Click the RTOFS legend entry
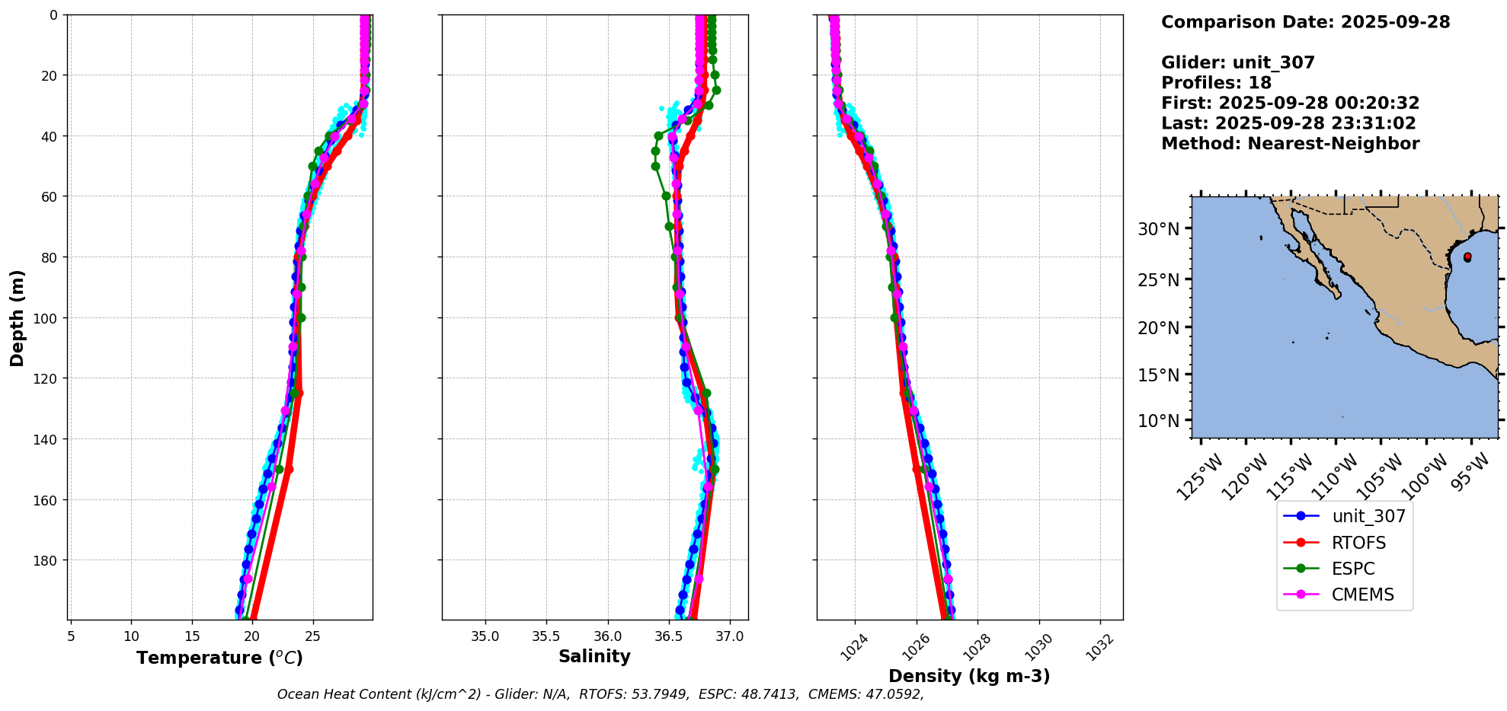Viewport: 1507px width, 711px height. [1358, 543]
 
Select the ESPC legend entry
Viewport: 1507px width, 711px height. [1353, 569]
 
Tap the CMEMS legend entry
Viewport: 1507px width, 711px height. [1362, 595]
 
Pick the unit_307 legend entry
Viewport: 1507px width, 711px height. [1368, 516]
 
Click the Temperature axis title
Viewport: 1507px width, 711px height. [219, 658]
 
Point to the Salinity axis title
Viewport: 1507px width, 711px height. [594, 656]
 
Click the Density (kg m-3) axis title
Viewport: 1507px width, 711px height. [969, 676]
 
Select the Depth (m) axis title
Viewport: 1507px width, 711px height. [17, 317]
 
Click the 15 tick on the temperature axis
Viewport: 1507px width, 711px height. [192, 636]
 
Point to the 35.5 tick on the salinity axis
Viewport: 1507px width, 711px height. [546, 636]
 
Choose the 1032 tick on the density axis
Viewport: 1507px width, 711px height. [1099, 648]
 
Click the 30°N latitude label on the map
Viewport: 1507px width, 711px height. [1158, 229]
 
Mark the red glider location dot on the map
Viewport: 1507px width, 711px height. [1467, 257]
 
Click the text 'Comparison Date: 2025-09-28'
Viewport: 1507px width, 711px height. [1305, 22]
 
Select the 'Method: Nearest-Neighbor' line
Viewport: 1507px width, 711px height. [1290, 144]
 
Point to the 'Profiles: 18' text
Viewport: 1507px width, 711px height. [1216, 83]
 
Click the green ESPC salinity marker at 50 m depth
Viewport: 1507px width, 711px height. [655, 166]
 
